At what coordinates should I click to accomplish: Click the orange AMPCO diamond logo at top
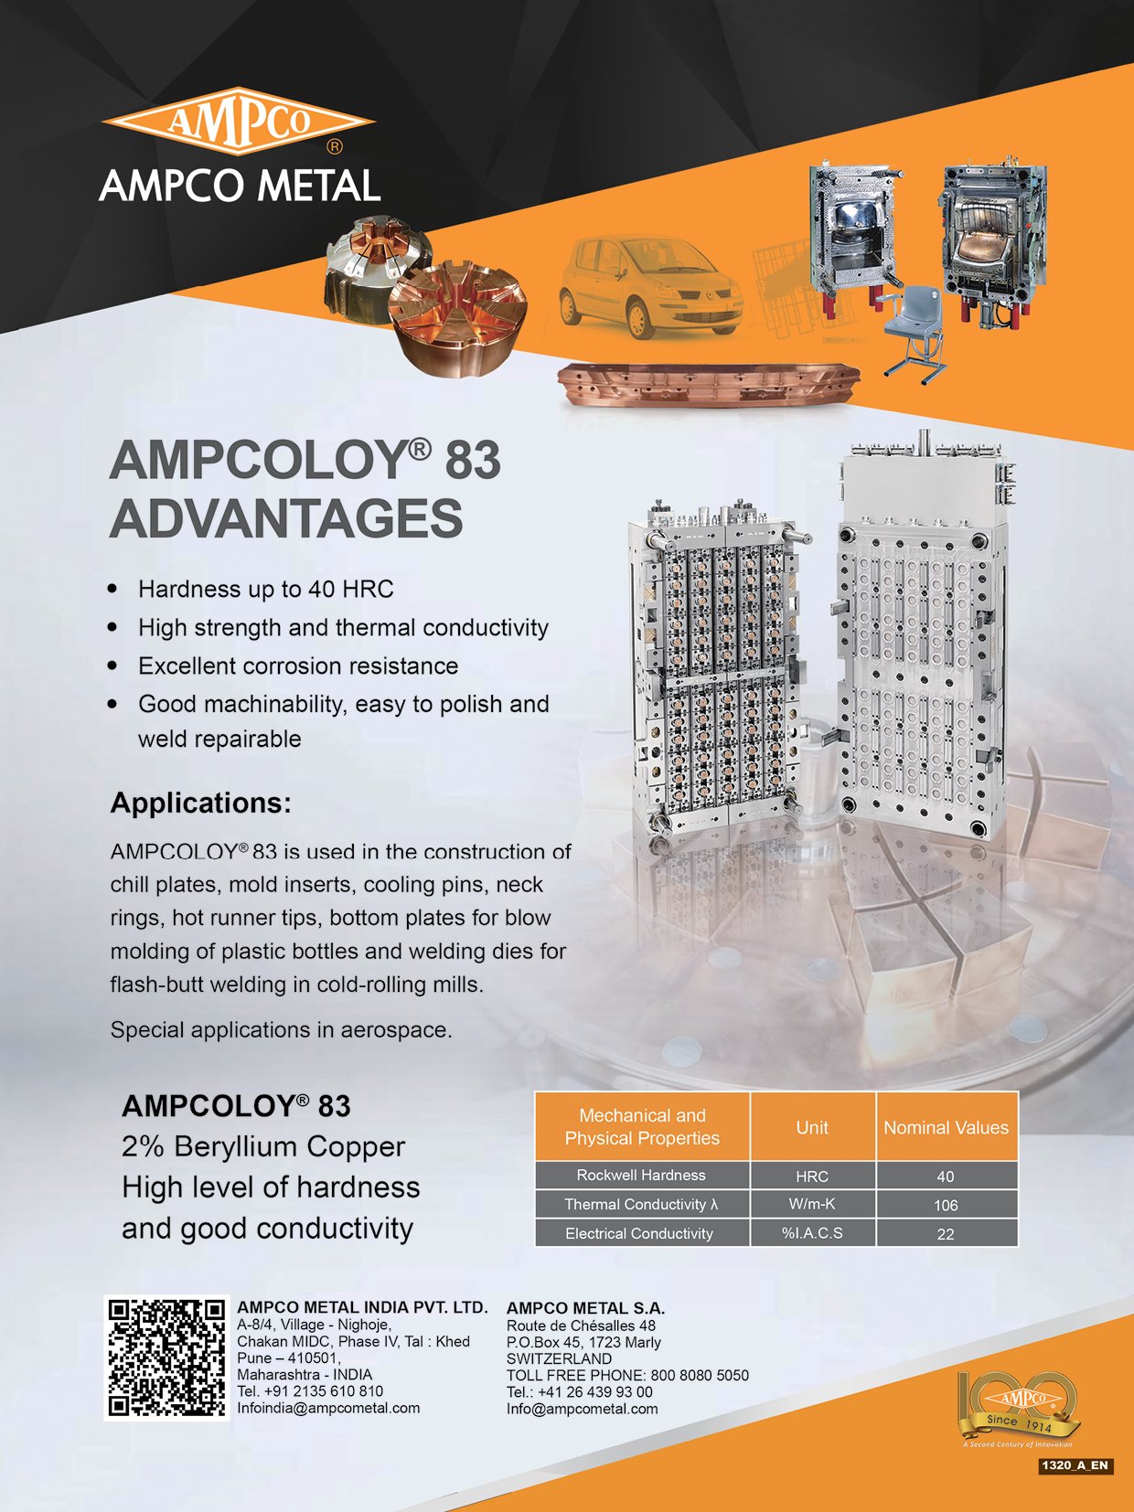(238, 122)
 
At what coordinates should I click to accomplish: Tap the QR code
(166, 1358)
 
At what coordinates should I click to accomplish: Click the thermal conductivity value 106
(946, 1205)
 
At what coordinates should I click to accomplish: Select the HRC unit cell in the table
(812, 1176)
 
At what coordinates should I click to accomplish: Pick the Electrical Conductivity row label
(638, 1233)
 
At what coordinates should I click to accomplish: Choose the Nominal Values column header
(946, 1128)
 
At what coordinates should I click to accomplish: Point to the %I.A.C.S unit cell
(812, 1233)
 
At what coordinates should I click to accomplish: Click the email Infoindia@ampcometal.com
(328, 1408)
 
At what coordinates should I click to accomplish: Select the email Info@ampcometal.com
(583, 1409)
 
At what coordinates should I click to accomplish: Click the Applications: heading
(200, 803)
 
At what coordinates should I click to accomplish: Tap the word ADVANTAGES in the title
(286, 518)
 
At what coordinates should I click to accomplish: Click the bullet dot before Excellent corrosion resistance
(113, 665)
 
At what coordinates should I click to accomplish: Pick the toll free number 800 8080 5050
(700, 1375)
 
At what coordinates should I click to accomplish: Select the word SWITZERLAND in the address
(559, 1358)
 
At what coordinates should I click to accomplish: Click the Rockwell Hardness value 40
(946, 1177)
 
